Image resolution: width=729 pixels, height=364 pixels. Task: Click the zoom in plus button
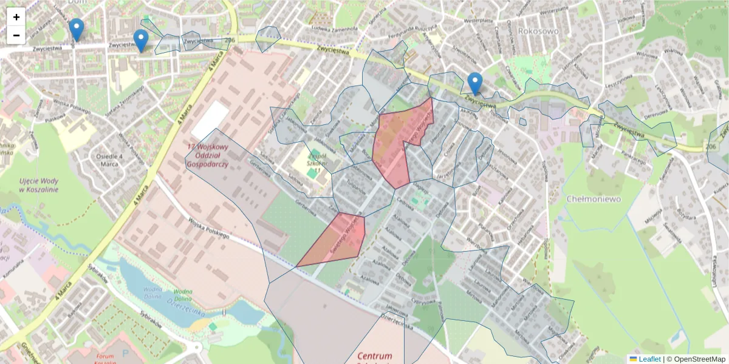(x=16, y=17)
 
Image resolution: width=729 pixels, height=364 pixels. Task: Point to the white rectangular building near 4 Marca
(x=210, y=120)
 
